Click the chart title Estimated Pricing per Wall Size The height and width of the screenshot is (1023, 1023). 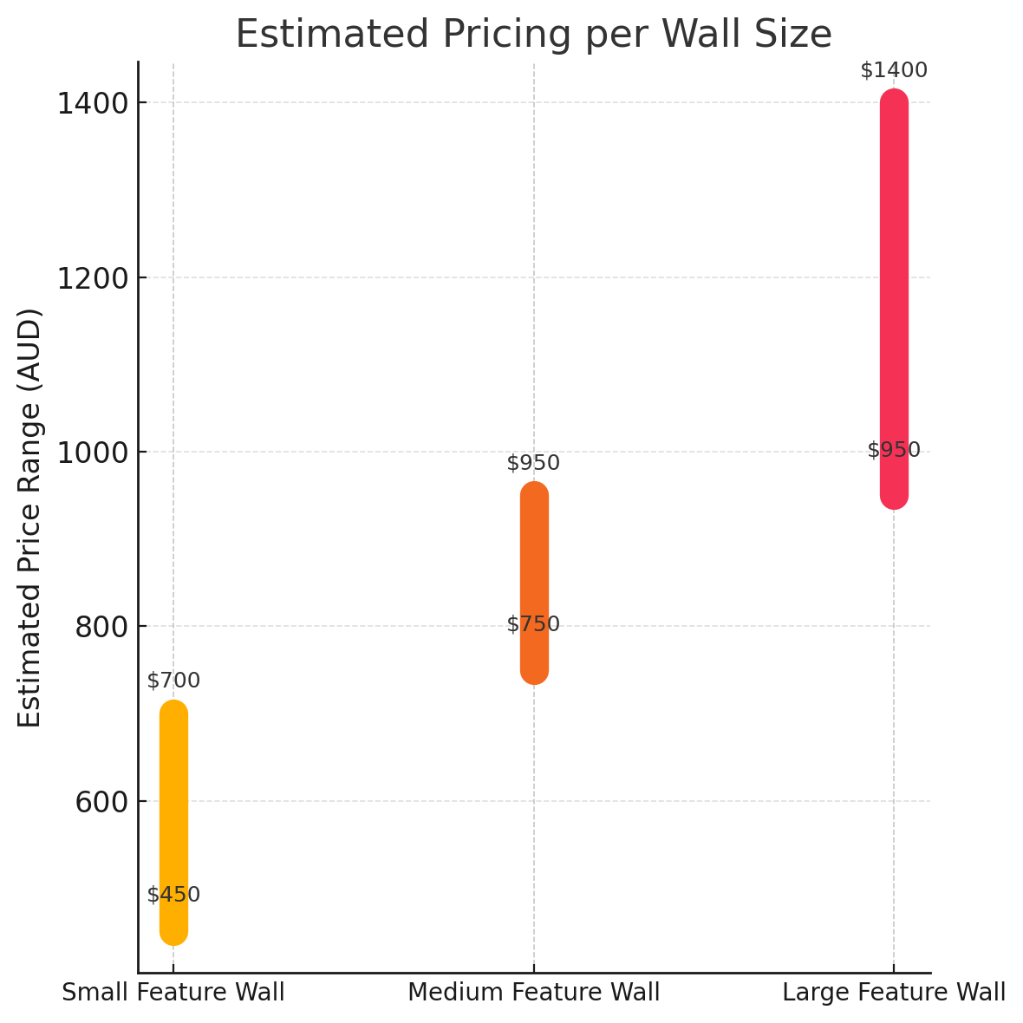click(533, 35)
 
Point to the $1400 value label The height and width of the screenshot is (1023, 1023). click(894, 70)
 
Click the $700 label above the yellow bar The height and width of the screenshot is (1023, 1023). click(173, 681)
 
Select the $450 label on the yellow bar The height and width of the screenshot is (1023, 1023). click(173, 895)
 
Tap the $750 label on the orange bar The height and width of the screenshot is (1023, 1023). click(533, 624)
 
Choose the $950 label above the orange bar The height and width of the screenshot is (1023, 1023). click(533, 463)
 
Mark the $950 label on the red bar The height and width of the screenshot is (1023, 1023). click(894, 450)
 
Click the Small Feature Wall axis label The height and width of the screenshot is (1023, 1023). click(173, 993)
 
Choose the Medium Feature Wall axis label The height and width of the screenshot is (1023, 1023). click(534, 993)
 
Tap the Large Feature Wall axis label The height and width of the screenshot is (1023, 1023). click(894, 993)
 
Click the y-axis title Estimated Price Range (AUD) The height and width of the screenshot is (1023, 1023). click(30, 518)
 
